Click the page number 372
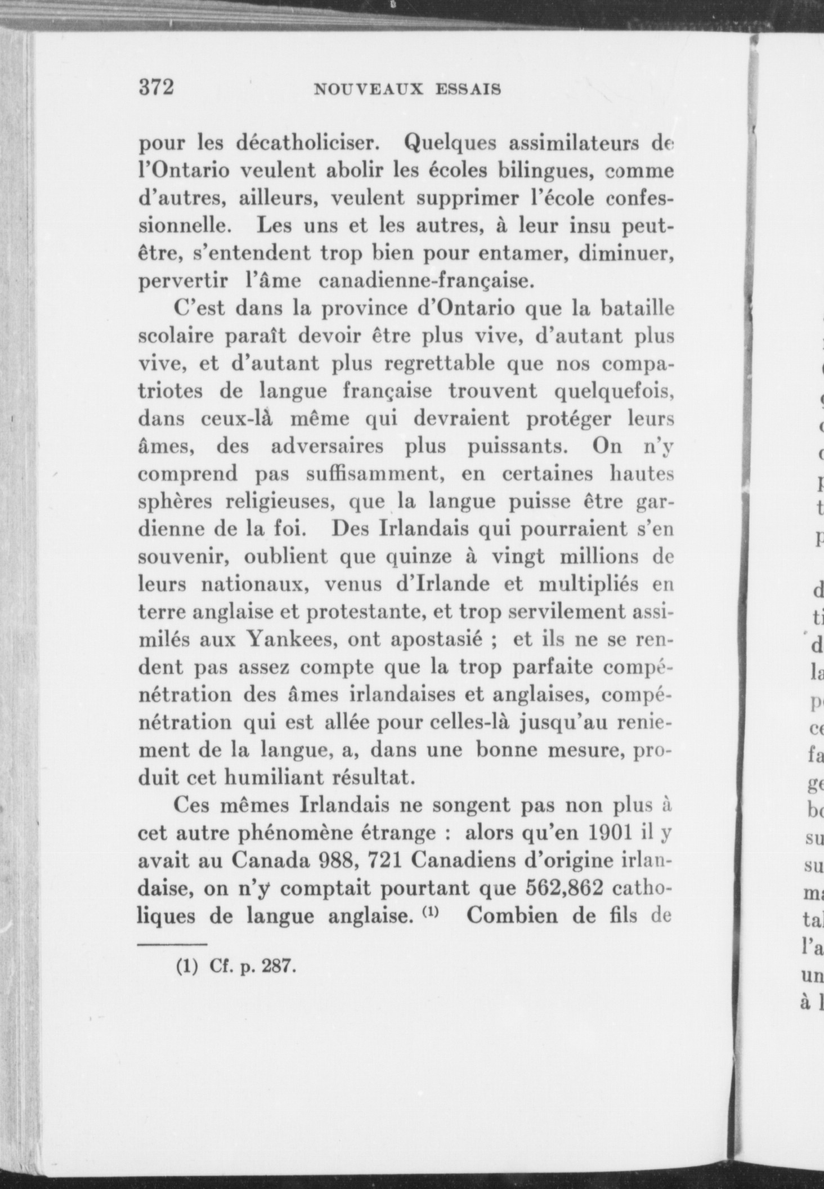point(157,88)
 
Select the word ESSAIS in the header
point(469,90)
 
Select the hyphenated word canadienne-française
point(425,280)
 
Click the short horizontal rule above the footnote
point(173,944)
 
